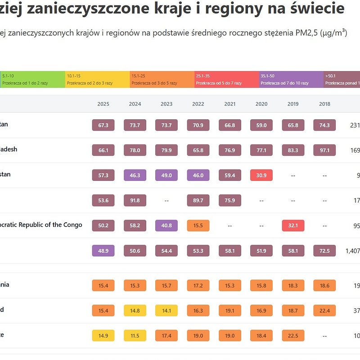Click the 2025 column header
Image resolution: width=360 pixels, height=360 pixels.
103,104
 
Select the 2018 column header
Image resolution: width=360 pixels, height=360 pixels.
324,104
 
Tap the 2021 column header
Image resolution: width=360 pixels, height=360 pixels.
229,104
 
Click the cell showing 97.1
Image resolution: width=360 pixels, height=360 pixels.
324,150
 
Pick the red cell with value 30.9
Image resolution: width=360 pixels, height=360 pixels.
261,175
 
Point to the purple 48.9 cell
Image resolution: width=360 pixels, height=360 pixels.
103,251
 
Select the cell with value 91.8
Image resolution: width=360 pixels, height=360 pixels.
135,200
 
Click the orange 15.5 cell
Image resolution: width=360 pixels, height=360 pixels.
198,225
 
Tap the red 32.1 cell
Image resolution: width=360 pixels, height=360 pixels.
293,225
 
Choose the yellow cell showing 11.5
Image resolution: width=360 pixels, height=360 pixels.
135,335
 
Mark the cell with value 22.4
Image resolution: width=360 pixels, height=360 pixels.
324,310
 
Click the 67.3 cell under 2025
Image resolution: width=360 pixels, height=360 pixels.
103,125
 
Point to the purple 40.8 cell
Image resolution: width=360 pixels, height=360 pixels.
166,225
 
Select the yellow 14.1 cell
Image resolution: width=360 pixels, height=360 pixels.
166,310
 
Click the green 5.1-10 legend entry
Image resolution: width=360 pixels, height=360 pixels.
32,79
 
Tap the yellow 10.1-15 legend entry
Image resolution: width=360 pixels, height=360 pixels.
97,79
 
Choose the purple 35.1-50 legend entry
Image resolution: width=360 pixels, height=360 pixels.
291,79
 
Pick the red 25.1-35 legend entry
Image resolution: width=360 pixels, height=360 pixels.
226,79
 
